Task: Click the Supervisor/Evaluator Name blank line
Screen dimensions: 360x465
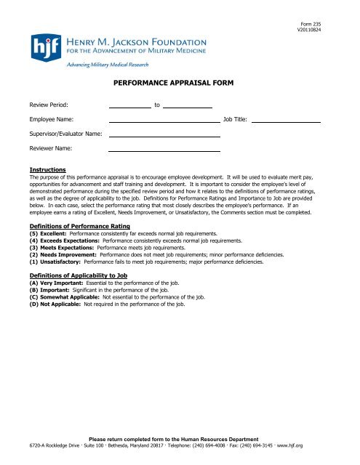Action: pyautogui.click(x=164, y=134)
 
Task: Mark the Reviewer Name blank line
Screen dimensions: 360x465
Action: pyautogui.click(x=164, y=149)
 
